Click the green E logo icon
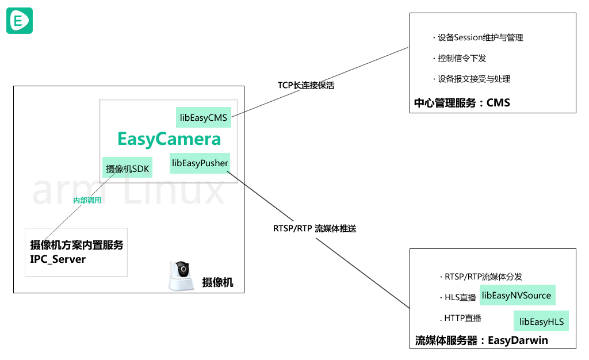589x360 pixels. [x=20, y=21]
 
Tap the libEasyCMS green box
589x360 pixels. [x=204, y=117]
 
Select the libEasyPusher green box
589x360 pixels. [x=200, y=163]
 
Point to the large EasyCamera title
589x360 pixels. [x=169, y=139]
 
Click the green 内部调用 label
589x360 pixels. [x=87, y=200]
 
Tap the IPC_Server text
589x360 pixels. [x=58, y=259]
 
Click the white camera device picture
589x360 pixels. [x=182, y=276]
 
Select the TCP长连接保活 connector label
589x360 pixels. [x=306, y=86]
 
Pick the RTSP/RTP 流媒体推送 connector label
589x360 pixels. [x=315, y=229]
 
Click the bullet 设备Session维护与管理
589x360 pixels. [x=478, y=37]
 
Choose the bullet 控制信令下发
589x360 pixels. [x=460, y=58]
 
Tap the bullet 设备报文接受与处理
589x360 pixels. [x=472, y=79]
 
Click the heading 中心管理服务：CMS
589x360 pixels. [x=462, y=103]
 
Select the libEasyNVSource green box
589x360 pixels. [x=517, y=296]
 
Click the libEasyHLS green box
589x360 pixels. [x=541, y=321]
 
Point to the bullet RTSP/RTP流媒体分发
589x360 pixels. [x=481, y=277]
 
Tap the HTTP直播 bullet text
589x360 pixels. [x=461, y=319]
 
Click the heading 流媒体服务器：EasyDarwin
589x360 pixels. [x=481, y=340]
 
